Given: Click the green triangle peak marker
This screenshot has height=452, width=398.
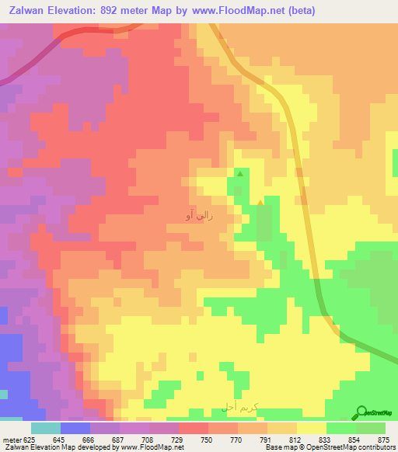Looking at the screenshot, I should pyautogui.click(x=240, y=174).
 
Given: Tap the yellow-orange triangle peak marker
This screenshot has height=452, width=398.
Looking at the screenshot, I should pyautogui.click(x=260, y=204).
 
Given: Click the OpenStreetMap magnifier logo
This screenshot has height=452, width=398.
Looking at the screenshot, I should pyautogui.click(x=361, y=413).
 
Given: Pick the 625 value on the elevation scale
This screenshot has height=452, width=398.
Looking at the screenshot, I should pyautogui.click(x=30, y=439).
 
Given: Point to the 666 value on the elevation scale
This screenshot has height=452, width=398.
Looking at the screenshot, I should pyautogui.click(x=89, y=439).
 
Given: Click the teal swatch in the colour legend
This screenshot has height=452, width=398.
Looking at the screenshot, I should pyautogui.click(x=45, y=428).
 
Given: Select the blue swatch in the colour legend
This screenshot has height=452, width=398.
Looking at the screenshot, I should pyautogui.click(x=75, y=428).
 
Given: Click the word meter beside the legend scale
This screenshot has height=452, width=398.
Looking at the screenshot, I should pyautogui.click(x=11, y=439).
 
